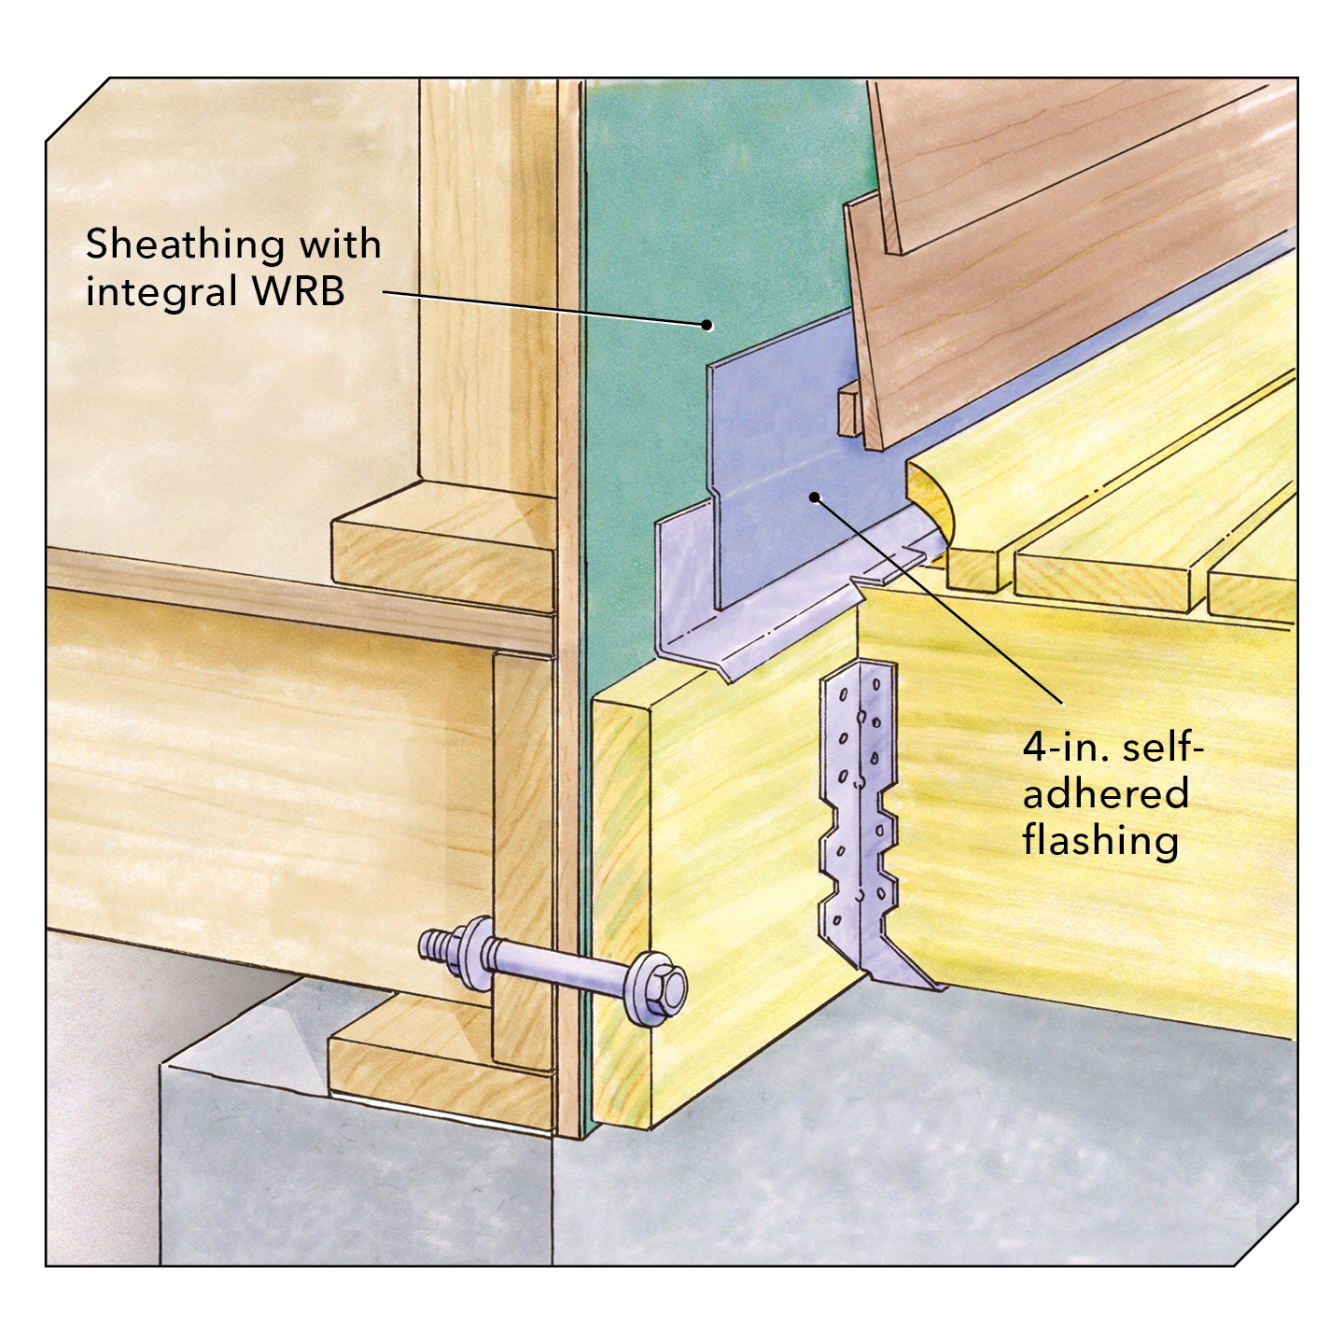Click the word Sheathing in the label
coord(185,246)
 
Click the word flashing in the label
coord(1100,840)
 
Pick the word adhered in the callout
coord(1105,793)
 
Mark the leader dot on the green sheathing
coord(707,324)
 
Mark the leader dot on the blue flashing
coord(813,497)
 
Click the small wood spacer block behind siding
coord(846,410)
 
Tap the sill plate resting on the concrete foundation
coord(443,1061)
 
